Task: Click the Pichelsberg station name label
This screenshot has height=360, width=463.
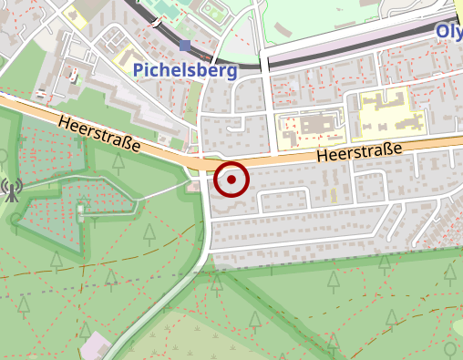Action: [185, 70]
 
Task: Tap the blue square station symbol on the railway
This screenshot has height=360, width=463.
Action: [186, 45]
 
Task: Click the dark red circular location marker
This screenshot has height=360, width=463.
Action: [231, 180]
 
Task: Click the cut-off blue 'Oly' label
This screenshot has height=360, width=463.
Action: [448, 32]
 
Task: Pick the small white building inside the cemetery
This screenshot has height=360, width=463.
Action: [82, 211]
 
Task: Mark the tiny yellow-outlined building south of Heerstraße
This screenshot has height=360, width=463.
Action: [333, 194]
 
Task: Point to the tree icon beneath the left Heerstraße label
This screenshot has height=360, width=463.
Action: [118, 164]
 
